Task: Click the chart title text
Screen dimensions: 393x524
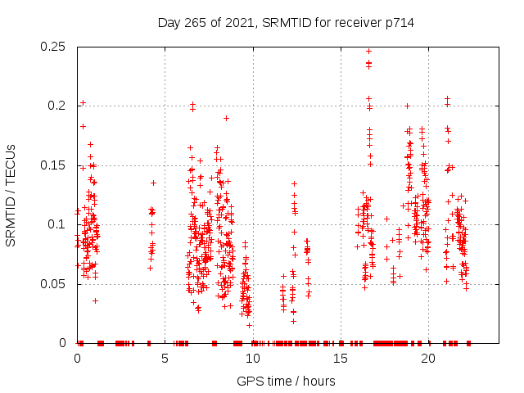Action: [x=286, y=23]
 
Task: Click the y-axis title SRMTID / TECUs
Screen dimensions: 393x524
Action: [x=11, y=194]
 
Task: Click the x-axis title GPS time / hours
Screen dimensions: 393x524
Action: [x=286, y=381]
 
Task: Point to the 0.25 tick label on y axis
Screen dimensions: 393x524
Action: [x=55, y=47]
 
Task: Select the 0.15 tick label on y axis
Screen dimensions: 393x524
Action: [x=55, y=165]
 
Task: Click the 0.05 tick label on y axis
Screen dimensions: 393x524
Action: [x=55, y=284]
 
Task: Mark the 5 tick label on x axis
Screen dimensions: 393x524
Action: [x=165, y=359]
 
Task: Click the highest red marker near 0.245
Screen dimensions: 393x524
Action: [x=368, y=51]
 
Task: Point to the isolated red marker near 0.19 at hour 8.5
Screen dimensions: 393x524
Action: [x=226, y=118]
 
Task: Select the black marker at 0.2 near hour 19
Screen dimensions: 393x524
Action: [x=407, y=106]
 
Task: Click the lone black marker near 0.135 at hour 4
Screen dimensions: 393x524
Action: [x=152, y=183]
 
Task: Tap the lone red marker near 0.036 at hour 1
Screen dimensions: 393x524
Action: [x=95, y=300]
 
